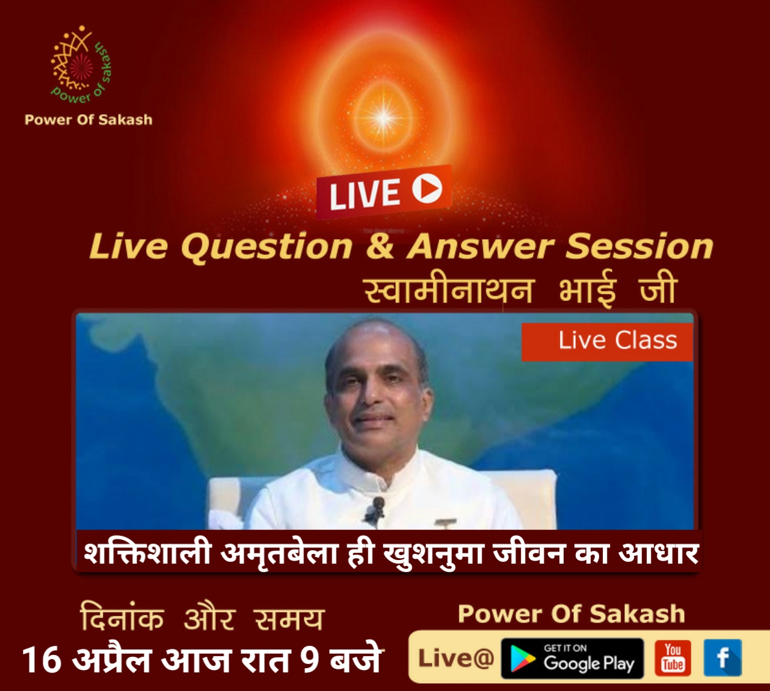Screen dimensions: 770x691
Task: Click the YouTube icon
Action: [x=673, y=657]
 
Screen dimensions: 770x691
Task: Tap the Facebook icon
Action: [x=722, y=657]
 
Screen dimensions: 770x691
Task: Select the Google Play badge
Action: [x=572, y=658]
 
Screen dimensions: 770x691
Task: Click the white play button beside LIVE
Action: [x=427, y=188]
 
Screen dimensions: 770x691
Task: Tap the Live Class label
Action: [x=607, y=342]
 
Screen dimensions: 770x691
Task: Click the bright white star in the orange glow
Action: [x=384, y=117]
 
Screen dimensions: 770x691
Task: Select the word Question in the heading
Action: [x=267, y=248]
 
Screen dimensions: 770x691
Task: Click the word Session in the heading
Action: [x=639, y=247]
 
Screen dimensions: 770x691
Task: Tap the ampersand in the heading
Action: [x=380, y=247]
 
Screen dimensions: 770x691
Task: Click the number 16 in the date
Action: [x=42, y=660]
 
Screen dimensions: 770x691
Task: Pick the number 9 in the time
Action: [x=310, y=660]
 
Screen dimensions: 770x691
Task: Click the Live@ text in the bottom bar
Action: [x=456, y=658]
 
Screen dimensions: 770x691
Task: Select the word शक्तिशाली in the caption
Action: [x=147, y=553]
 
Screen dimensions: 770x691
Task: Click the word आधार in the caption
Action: [x=659, y=553]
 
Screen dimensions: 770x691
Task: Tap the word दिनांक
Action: [x=122, y=616]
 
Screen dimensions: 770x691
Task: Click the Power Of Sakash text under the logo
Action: [x=88, y=120]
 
